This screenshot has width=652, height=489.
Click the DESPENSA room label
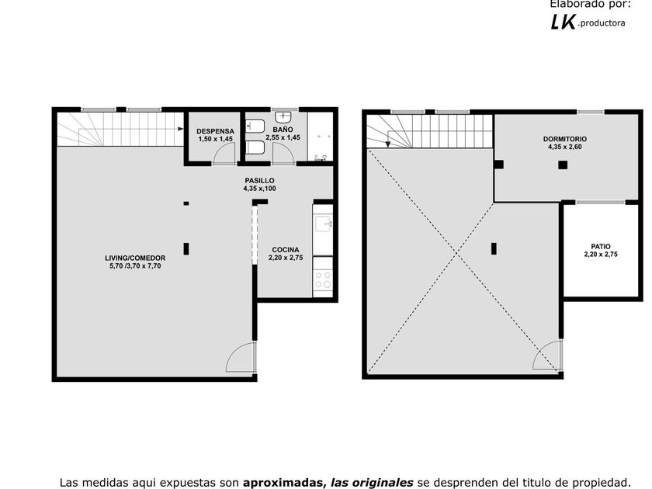[x=216, y=131]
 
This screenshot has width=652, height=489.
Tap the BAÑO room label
[x=283, y=130]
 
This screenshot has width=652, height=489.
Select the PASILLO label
[x=259, y=180]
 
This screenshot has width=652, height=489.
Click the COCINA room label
[x=286, y=250]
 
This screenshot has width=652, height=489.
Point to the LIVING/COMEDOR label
[x=135, y=258]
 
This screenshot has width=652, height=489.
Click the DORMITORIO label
[x=565, y=139]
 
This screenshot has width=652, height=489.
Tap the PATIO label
[x=601, y=247]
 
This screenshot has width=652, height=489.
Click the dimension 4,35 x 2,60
[x=565, y=147]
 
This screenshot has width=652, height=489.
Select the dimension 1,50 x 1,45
[x=216, y=139]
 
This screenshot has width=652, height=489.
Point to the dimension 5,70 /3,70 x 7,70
[x=135, y=266]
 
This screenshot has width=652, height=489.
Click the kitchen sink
[x=323, y=224]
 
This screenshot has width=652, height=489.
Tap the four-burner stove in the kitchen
[x=323, y=280]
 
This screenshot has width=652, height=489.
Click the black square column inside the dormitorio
[x=563, y=165]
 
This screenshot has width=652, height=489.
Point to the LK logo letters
[x=564, y=22]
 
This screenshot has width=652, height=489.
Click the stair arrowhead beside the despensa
[x=180, y=129]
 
